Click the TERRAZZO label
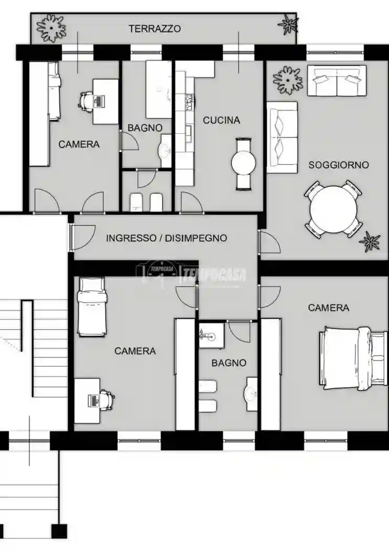point(155,28)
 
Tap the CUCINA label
point(222,120)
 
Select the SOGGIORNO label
point(339,165)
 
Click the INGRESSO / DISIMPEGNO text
point(166,238)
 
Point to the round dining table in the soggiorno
point(333,209)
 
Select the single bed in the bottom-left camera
point(92,306)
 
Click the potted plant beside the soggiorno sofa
point(288,80)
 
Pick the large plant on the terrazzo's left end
point(51,27)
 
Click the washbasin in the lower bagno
point(251,394)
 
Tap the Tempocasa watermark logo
point(191,273)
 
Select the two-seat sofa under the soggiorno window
point(337,80)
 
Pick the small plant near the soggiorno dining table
point(370,241)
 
